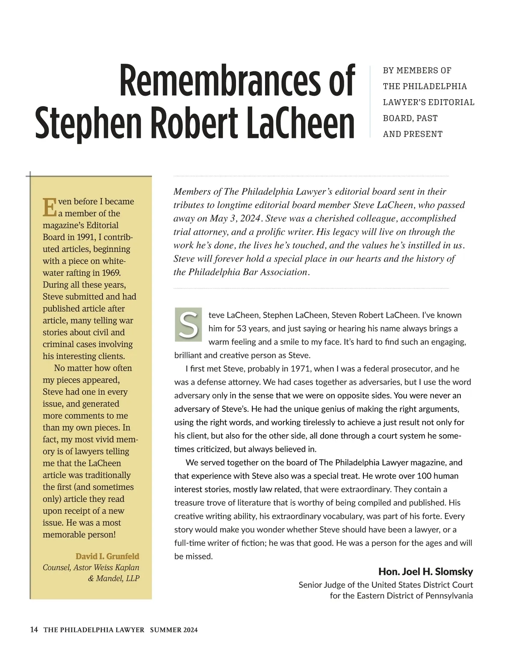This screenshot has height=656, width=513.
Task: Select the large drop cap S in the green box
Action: (188, 324)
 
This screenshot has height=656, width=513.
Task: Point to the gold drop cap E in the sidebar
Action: (50, 207)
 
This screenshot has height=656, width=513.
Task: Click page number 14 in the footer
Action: (34, 630)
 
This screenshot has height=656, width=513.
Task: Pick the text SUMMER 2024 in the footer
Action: (174, 630)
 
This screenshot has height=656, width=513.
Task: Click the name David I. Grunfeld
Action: (107, 556)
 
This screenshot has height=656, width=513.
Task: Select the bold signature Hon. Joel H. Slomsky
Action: (425, 571)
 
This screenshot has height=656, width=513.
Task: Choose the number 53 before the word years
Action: (242, 328)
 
